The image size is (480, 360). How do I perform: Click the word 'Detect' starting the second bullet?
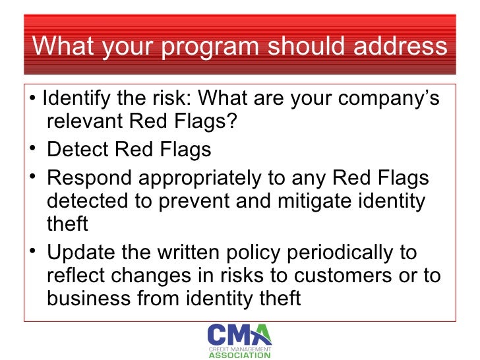pos(75,150)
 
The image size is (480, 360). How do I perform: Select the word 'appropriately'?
pos(206,178)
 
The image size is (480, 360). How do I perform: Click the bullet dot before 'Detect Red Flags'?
pos(32,150)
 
